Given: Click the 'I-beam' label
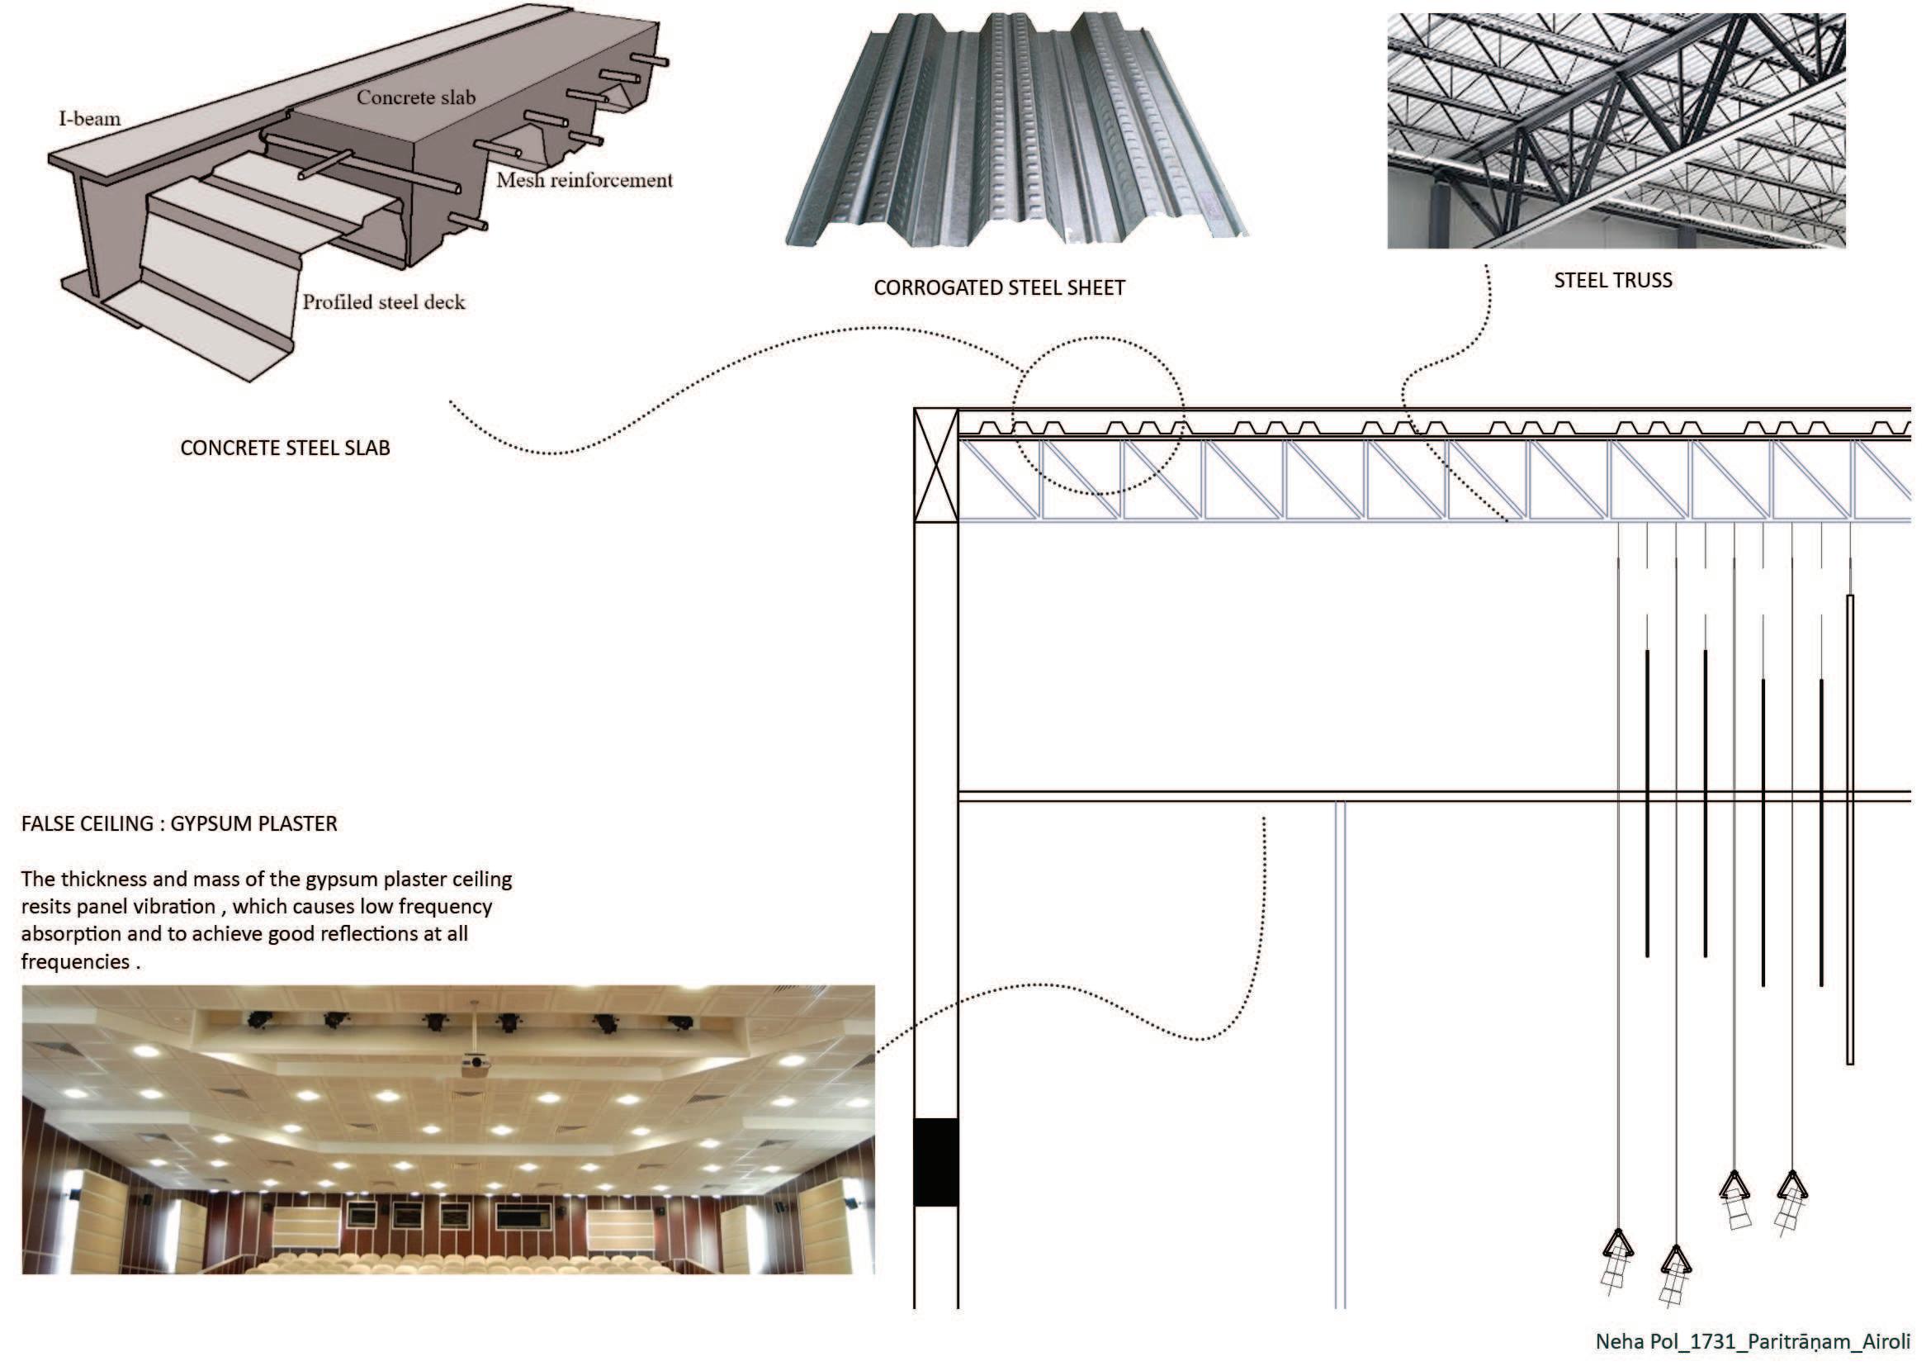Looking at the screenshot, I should [x=89, y=119].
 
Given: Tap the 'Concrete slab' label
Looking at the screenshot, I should [x=415, y=97].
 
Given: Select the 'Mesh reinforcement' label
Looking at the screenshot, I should [x=584, y=180].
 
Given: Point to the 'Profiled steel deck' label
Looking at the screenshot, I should [x=384, y=302].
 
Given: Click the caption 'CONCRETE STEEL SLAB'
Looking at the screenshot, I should [x=285, y=448].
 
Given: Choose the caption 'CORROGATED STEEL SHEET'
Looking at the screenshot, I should [x=999, y=287].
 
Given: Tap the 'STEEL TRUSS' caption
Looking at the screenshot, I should [x=1612, y=280].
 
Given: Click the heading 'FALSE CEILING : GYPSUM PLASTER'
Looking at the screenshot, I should [x=179, y=823].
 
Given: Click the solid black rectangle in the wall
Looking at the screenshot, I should [x=936, y=1162].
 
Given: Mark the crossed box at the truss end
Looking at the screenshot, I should [x=936, y=465].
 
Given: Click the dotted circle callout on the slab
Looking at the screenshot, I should [x=1097, y=415].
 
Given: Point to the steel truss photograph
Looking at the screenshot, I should [x=1616, y=130].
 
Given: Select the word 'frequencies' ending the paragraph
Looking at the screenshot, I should [x=76, y=961].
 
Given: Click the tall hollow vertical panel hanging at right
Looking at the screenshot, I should [x=1849, y=828].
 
